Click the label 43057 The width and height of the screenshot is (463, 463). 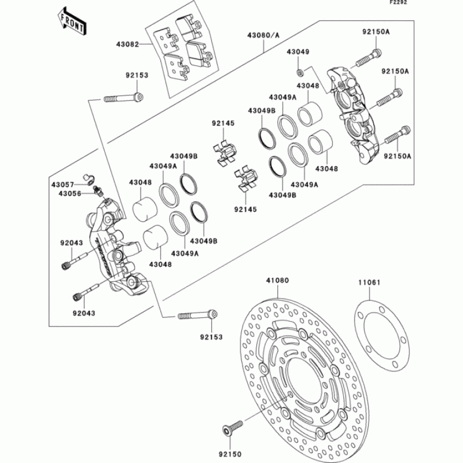click(62, 185)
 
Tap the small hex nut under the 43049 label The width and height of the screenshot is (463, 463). click(300, 72)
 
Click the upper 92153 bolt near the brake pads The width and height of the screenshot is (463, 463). click(123, 97)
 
